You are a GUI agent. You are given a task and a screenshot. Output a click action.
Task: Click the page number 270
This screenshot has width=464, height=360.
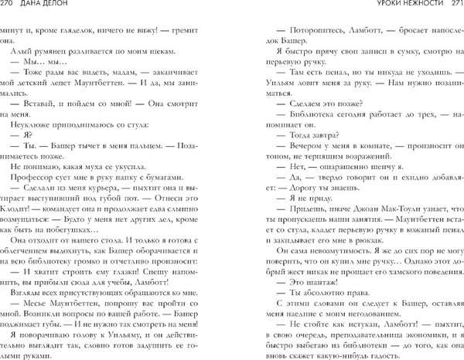click(x=9, y=7)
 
